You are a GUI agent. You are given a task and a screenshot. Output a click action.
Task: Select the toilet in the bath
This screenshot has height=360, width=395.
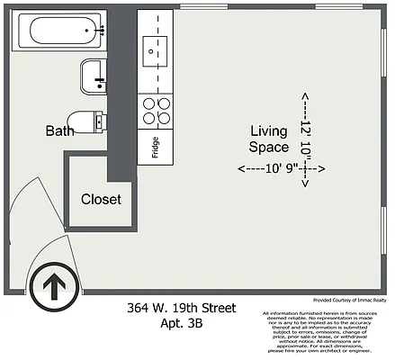[x=85, y=121]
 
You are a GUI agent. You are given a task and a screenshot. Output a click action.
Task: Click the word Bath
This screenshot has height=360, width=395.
[x=59, y=131]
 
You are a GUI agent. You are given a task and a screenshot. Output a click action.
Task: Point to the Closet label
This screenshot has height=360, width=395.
[x=101, y=199]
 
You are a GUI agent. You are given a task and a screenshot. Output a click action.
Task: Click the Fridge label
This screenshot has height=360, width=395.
[x=155, y=147]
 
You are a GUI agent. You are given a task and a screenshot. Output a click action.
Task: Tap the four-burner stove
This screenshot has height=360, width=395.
[x=157, y=111]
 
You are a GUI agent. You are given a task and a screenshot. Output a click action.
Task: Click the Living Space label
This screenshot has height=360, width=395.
[x=269, y=139]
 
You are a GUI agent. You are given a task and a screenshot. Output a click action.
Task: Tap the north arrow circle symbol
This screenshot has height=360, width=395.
[x=53, y=287]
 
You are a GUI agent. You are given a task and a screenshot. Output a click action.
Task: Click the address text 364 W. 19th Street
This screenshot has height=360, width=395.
[x=181, y=309]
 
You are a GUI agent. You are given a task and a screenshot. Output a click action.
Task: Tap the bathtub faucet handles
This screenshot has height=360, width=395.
[x=101, y=31]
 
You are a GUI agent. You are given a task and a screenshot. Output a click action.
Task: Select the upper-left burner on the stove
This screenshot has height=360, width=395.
[x=149, y=103]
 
